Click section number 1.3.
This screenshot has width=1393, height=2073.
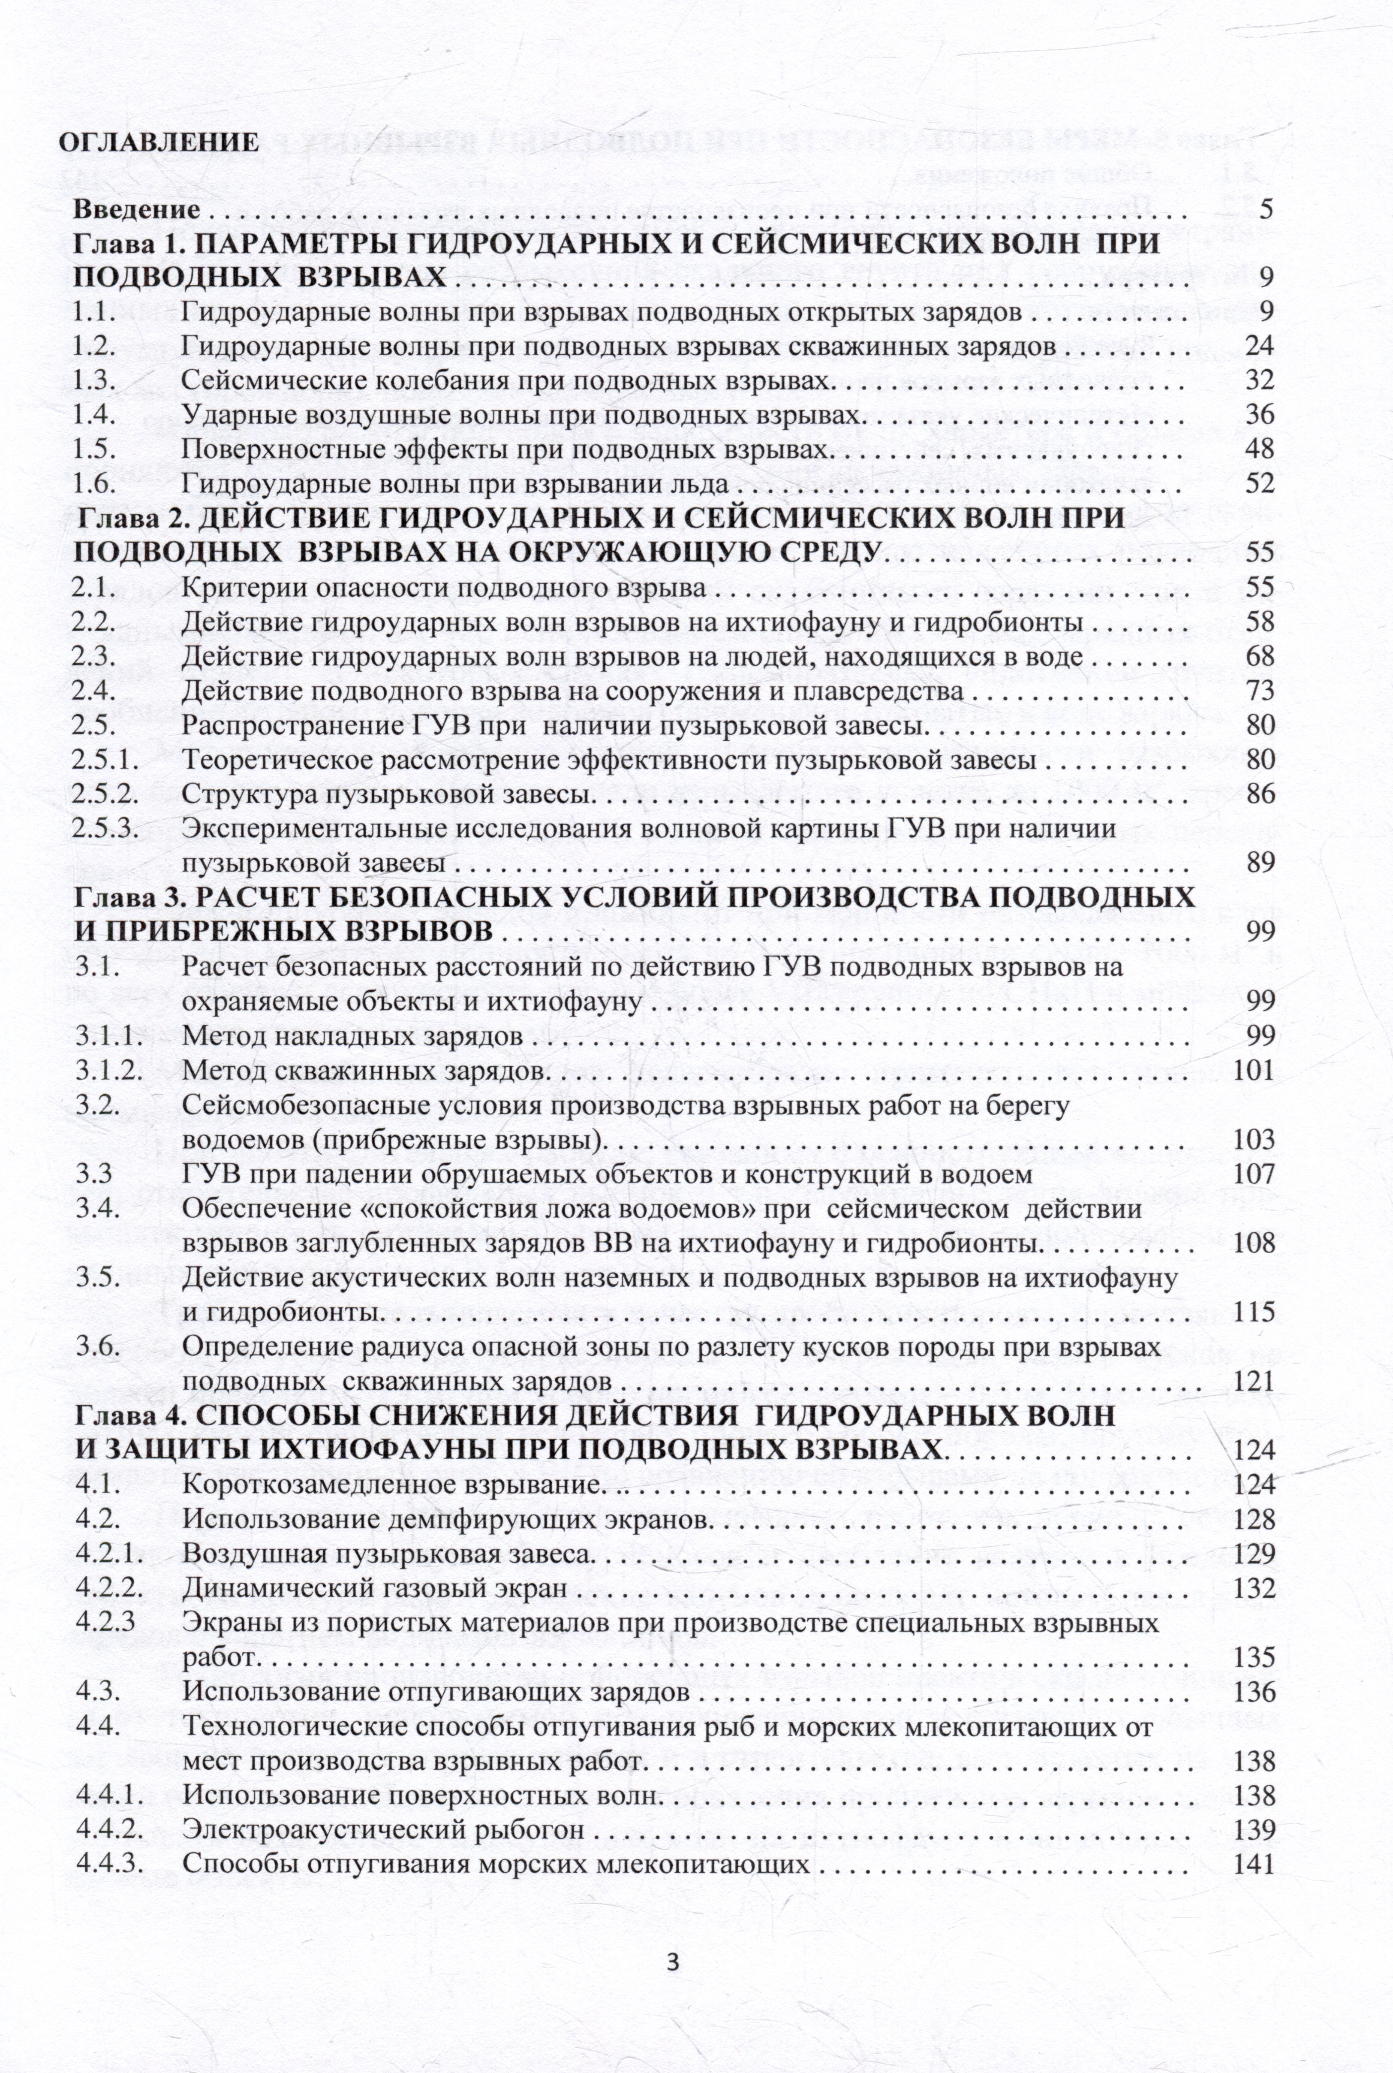point(95,380)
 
